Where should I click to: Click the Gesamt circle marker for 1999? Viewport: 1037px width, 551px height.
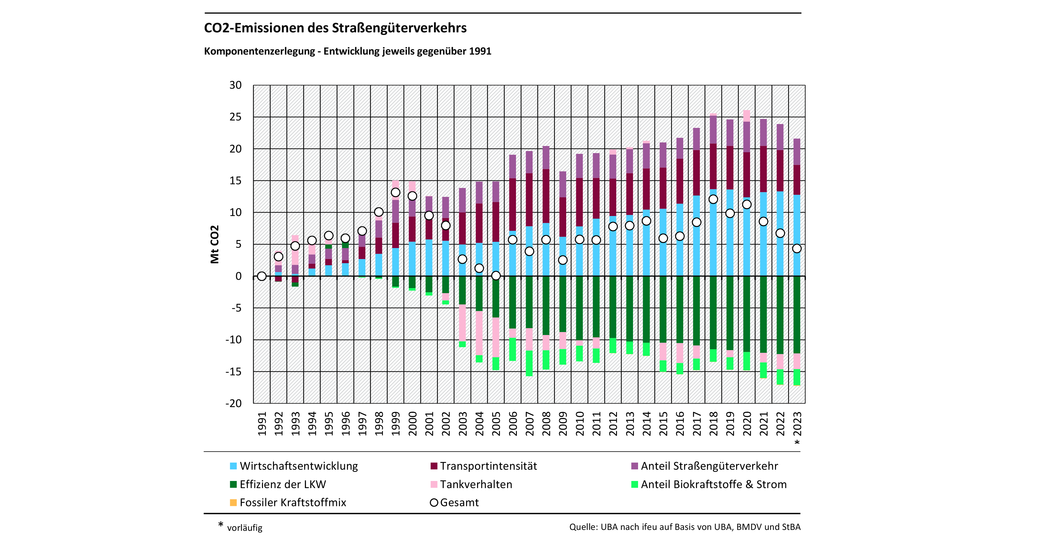[395, 193]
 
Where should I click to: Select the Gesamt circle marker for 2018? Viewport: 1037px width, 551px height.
[713, 199]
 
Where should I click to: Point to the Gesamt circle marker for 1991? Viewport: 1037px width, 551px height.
[262, 276]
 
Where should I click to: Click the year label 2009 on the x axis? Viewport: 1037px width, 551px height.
[563, 423]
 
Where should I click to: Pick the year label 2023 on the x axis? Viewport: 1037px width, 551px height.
[797, 423]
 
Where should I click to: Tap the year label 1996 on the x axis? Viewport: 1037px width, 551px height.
[345, 423]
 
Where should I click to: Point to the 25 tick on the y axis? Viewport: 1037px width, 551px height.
[236, 117]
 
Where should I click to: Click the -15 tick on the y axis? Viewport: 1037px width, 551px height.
[233, 371]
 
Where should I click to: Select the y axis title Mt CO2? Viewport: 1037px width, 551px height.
[214, 244]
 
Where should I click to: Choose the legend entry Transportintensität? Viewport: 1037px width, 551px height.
[488, 466]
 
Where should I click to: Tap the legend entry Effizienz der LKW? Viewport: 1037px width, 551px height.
[282, 484]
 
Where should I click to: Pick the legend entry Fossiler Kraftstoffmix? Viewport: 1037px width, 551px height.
[293, 503]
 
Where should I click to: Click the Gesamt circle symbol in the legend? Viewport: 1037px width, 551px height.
[434, 503]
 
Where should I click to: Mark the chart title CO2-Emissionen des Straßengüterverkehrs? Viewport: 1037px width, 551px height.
[335, 28]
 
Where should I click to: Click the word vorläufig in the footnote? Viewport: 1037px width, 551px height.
[244, 528]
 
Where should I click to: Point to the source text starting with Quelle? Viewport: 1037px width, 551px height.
[684, 527]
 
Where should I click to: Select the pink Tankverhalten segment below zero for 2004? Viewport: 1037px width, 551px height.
[479, 333]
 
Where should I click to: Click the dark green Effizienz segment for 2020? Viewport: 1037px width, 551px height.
[747, 314]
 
